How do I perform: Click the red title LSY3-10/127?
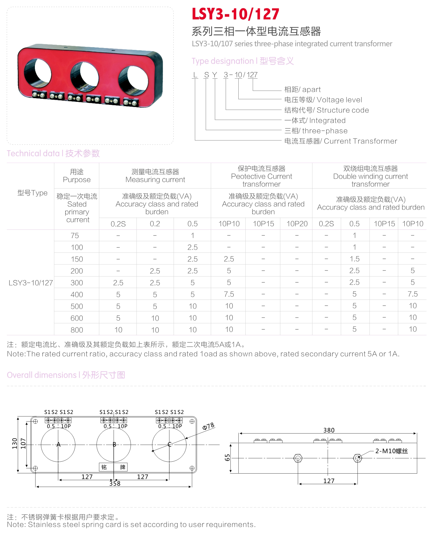tap(235, 14)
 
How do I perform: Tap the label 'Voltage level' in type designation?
tap(323, 100)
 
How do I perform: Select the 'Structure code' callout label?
tap(326, 110)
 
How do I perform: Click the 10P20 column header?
tap(297, 224)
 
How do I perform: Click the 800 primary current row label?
tap(77, 330)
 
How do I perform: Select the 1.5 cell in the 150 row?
tap(354, 259)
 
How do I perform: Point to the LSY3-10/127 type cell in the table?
tap(31, 283)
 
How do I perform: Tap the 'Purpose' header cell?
tap(77, 176)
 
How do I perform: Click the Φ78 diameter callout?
tap(208, 426)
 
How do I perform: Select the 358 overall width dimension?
tap(115, 483)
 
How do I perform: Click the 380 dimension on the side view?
tap(329, 430)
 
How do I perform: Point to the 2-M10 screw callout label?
tap(391, 451)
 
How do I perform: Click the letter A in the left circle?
tap(59, 445)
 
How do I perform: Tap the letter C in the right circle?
tap(169, 445)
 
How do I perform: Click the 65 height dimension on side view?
tap(227, 458)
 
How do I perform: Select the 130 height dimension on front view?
tap(15, 443)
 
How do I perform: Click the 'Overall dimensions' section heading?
tap(66, 375)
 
